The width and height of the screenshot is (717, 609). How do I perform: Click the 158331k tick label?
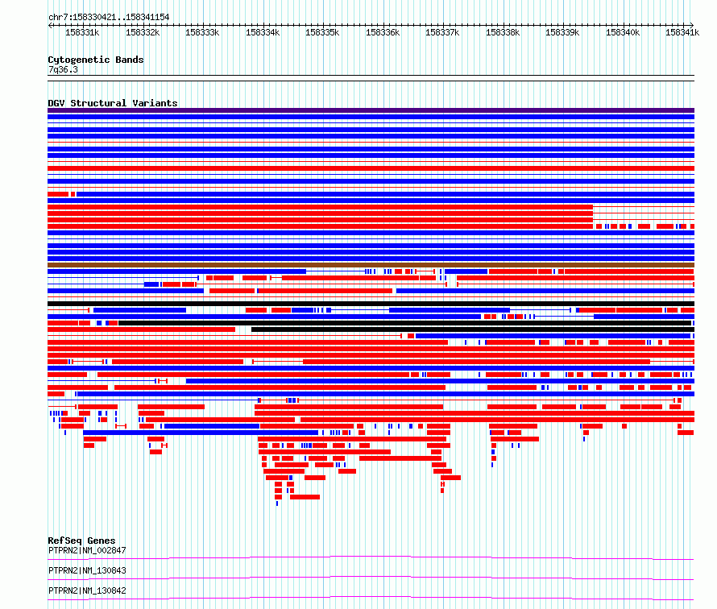coord(82,32)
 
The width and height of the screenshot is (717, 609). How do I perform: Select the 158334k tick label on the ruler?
coord(263,32)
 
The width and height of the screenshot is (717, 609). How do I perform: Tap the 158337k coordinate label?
coord(442,32)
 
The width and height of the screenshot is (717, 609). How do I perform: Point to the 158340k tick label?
coord(623,32)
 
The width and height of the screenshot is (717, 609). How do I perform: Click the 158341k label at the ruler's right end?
coord(682,32)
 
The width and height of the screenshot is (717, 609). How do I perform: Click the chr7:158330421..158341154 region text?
coord(109,17)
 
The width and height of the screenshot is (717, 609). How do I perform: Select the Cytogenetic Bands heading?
coord(96,60)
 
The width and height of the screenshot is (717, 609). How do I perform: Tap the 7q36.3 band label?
coord(63,69)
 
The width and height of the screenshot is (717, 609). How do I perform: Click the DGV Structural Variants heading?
coord(113,103)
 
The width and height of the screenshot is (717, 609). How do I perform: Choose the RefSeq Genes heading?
coord(81,541)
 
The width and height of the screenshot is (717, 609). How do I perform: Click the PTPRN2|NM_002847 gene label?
coord(87,550)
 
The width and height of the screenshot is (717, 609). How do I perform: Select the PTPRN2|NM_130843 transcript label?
coord(87,570)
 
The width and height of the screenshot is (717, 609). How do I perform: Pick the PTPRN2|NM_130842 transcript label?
coord(87,590)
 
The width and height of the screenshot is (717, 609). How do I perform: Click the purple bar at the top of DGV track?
coord(371,110)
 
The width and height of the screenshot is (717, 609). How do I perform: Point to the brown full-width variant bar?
coord(371,265)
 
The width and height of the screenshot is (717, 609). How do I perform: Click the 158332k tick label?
coord(143,32)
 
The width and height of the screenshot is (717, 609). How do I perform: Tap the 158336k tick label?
coord(383,32)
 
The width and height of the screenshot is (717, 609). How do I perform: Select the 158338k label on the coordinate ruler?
coord(503,32)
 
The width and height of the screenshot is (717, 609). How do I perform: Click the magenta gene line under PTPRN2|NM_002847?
coord(371,557)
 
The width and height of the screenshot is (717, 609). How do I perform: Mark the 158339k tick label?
coord(562,32)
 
